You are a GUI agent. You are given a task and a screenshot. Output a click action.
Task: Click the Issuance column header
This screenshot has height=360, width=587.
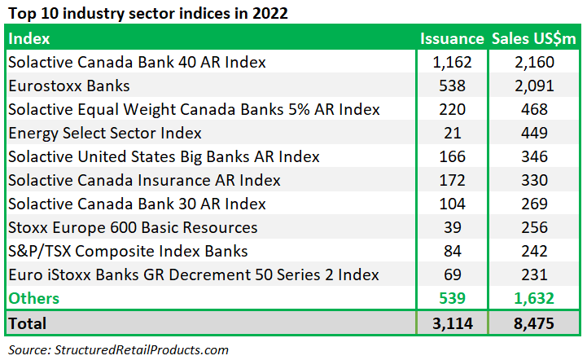(x=452, y=38)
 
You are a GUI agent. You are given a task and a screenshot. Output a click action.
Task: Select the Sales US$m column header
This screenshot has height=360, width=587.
(x=533, y=39)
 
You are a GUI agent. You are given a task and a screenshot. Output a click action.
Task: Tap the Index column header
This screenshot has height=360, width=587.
(x=28, y=38)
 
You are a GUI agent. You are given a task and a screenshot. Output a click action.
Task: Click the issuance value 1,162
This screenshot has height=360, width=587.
(x=452, y=62)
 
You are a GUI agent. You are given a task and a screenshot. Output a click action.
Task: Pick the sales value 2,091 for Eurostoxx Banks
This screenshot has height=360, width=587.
(x=534, y=86)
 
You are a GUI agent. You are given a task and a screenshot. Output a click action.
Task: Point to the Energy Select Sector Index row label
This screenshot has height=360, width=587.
(x=105, y=133)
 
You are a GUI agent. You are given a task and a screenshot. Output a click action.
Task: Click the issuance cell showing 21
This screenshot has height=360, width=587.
(x=452, y=133)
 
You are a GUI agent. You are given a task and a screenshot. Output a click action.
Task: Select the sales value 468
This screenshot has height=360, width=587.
(x=534, y=109)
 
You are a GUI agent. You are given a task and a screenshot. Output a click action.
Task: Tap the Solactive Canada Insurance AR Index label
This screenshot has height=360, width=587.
(x=144, y=180)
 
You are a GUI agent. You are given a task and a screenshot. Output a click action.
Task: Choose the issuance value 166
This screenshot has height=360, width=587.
(x=452, y=156)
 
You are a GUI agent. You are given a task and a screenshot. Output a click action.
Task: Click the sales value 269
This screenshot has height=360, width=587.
(x=534, y=204)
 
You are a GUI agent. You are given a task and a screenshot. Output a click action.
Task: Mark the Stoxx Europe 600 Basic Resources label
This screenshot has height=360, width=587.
(x=133, y=227)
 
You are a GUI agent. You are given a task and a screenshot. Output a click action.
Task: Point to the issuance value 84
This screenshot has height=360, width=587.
(x=452, y=251)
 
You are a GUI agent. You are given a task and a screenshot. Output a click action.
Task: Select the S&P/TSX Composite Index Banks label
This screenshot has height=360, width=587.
(x=128, y=252)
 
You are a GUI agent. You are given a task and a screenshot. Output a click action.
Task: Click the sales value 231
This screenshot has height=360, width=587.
(x=534, y=274)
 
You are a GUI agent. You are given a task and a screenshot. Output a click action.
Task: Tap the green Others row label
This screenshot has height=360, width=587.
(x=33, y=298)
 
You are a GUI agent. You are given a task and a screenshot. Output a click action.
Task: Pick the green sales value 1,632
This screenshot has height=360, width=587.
(x=534, y=299)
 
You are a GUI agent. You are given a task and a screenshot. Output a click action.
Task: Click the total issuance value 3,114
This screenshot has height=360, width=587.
(x=452, y=323)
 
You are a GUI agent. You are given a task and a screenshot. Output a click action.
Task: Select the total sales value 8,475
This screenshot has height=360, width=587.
(x=534, y=323)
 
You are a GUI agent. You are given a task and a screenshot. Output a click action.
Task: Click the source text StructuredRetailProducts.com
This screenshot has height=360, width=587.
(x=142, y=350)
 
